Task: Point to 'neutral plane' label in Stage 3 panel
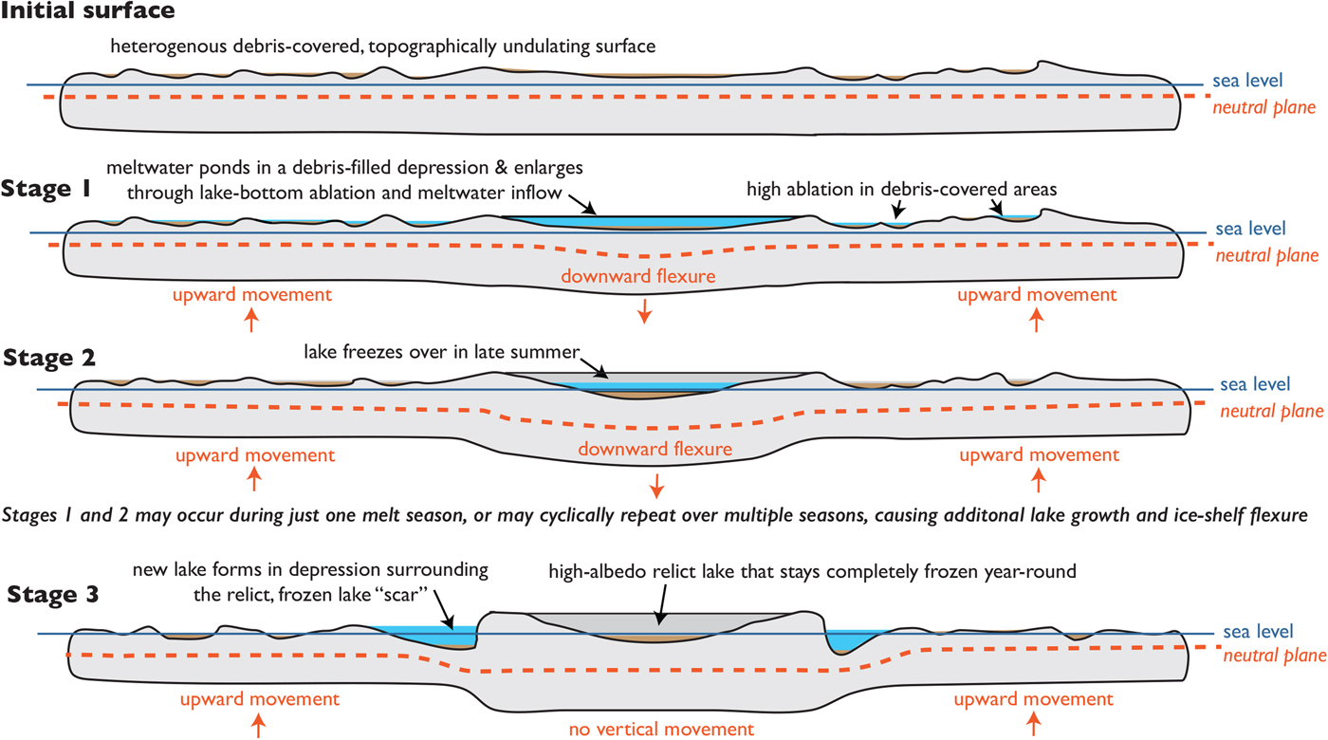click(1272, 656)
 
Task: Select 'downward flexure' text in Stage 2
click(655, 449)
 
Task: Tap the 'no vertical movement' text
click(661, 729)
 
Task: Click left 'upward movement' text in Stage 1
click(251, 294)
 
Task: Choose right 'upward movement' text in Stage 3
click(1034, 699)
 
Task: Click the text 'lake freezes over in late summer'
click(440, 352)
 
